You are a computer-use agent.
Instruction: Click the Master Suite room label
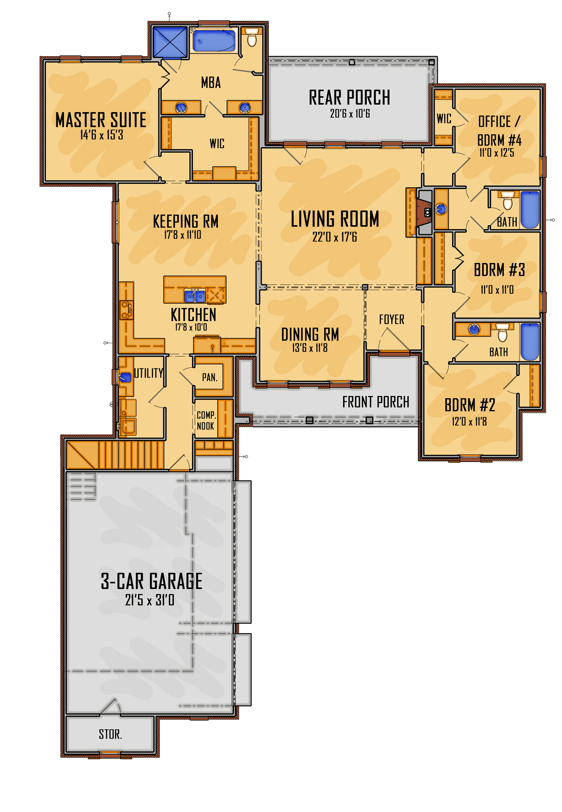pos(101,120)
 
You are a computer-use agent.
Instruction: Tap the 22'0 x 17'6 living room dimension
pos(334,237)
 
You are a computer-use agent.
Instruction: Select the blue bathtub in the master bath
pos(214,41)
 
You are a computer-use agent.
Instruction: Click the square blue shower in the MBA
pos(170,42)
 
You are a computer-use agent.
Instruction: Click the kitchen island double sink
pos(195,296)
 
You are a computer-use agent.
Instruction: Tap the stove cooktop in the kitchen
pos(126,310)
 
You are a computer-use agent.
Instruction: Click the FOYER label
pos(392,319)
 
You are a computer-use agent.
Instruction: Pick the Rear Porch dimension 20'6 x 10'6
pos(349,113)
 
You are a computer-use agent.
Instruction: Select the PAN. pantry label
pos(209,377)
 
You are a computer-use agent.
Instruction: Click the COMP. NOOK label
pos(206,420)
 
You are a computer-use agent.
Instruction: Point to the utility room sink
pos(125,377)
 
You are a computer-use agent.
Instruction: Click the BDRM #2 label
pos(470,405)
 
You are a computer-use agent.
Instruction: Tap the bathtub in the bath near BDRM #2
pos(530,342)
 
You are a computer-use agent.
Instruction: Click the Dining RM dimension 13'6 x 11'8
pos(309,348)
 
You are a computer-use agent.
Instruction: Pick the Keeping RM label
pos(185,221)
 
